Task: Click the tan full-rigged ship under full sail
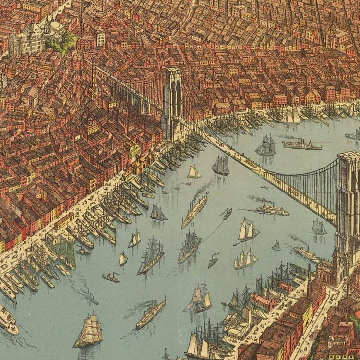click(89, 331)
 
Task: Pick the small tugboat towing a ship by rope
click(227, 214)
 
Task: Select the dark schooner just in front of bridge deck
click(220, 165)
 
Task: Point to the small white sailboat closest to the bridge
click(193, 172)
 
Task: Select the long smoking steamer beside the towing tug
click(194, 211)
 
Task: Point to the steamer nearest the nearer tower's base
click(307, 253)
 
